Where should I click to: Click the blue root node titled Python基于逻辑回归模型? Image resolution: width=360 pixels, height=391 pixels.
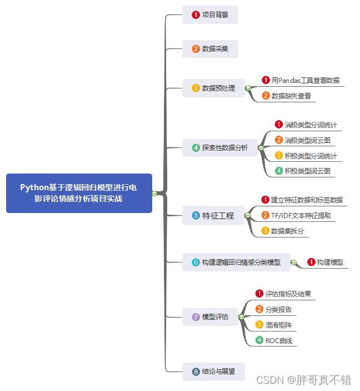pyautogui.click(x=79, y=193)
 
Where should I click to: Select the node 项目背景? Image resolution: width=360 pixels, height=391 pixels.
pyautogui.click(x=210, y=15)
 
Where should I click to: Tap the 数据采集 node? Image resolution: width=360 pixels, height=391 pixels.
pyautogui.click(x=210, y=49)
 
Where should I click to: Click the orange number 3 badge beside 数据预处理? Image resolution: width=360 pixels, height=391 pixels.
pyautogui.click(x=196, y=88)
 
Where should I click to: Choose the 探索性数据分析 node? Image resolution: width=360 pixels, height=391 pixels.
pyautogui.click(x=220, y=148)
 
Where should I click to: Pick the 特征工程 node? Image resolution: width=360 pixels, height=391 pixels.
pyautogui.click(x=213, y=215)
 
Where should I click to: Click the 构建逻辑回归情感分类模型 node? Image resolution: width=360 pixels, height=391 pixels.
pyautogui.click(x=236, y=262)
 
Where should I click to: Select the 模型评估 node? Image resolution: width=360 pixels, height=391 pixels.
pyautogui.click(x=210, y=317)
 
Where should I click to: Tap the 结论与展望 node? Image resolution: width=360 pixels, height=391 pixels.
pyautogui.click(x=213, y=371)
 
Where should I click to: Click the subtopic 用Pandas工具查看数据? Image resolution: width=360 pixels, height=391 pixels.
pyautogui.click(x=305, y=80)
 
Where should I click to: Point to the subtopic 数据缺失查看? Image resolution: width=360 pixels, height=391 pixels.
pyautogui.click(x=291, y=96)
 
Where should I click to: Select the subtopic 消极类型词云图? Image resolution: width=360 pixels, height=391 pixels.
pyautogui.click(x=307, y=140)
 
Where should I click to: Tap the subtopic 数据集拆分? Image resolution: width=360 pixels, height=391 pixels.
pyautogui.click(x=287, y=231)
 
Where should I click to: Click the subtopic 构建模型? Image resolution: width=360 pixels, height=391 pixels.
pyautogui.click(x=329, y=262)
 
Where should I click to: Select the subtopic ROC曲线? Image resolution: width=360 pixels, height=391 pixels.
pyautogui.click(x=278, y=340)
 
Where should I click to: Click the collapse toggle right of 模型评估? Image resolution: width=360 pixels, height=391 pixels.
pyautogui.click(x=241, y=317)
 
